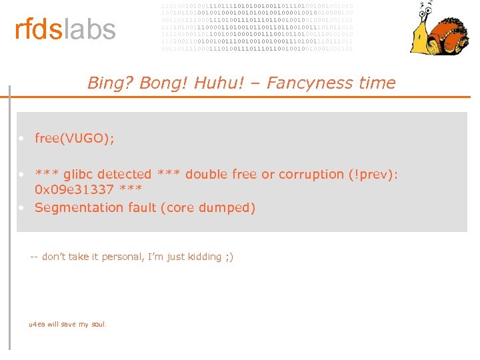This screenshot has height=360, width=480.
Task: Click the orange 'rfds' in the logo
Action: tap(39, 29)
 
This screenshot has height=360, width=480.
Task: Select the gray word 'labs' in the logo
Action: tap(89, 29)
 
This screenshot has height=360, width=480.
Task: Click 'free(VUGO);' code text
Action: tap(75, 139)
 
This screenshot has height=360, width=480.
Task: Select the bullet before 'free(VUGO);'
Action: tap(22, 139)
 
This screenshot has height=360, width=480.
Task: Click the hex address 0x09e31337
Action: tap(74, 190)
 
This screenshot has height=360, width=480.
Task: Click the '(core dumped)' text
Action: tap(208, 208)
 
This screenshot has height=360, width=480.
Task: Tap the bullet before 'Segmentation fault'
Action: tap(22, 207)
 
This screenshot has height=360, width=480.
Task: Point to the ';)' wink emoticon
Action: tap(229, 257)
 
